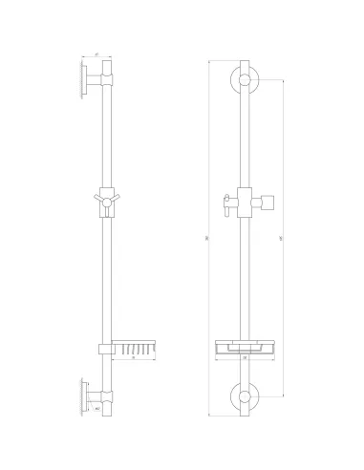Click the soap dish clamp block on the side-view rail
(x=105, y=347)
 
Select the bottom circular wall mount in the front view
(x=246, y=393)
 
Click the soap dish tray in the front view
(x=245, y=348)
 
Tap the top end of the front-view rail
(x=246, y=61)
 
